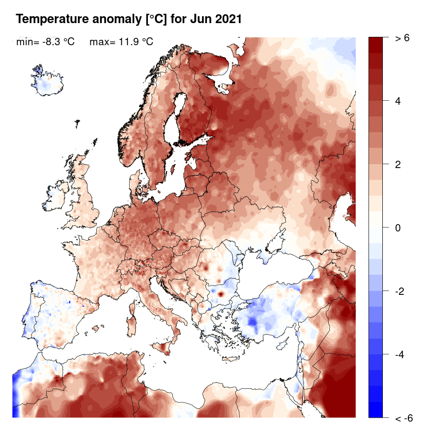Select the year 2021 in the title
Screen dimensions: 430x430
pyautogui.click(x=225, y=20)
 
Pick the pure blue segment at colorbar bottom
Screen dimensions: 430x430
pyautogui.click(x=375, y=410)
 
